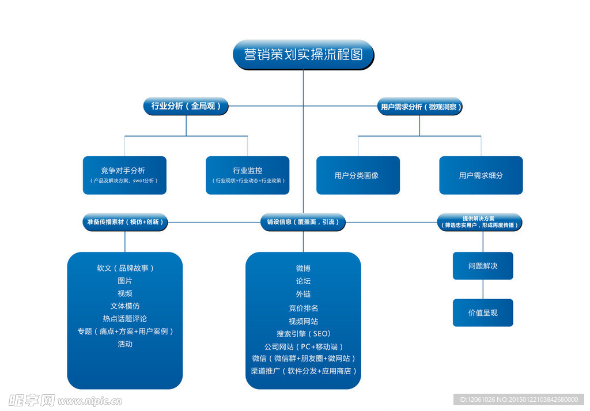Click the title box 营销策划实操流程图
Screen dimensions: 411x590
coord(303,55)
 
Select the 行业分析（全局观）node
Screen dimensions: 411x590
coord(186,106)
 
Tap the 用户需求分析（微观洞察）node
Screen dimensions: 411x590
coord(421,107)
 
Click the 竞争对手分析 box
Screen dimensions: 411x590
coord(124,175)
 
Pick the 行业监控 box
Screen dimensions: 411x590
coord(248,175)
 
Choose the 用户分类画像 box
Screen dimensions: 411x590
coord(358,175)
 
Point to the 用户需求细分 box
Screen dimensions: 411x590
coord(481,175)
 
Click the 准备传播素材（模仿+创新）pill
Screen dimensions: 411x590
coord(125,222)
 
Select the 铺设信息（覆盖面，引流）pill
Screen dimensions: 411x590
coord(303,222)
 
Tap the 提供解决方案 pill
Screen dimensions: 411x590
coord(479,222)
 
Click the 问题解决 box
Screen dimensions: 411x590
coord(483,266)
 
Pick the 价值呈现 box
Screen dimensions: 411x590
coord(483,312)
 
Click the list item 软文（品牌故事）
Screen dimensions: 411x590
coord(125,268)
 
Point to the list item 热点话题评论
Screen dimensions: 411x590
coord(125,318)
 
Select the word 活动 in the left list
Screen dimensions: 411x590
coord(125,344)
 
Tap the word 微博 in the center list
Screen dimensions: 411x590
coord(303,268)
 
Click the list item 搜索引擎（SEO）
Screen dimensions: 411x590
coord(303,334)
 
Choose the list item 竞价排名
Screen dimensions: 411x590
coord(303,308)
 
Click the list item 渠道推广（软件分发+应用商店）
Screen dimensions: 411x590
coord(303,371)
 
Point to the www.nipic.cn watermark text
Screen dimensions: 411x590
coord(90,400)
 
